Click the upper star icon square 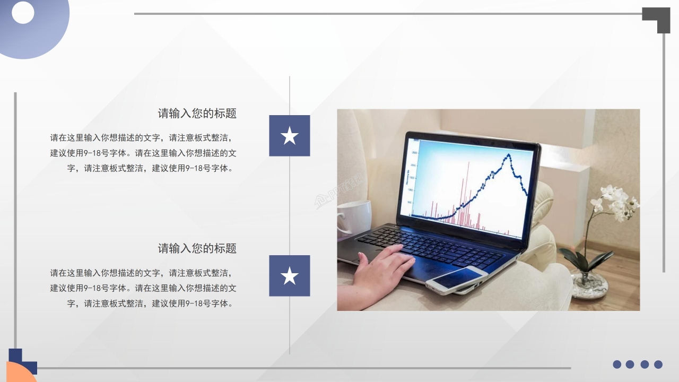289,136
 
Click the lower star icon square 289,276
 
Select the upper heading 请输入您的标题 197,113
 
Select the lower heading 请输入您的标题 197,248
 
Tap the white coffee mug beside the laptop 353,216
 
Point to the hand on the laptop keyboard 382,268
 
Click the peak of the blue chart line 509,155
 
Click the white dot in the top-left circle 23,13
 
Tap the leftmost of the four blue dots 617,364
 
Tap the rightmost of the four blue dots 658,364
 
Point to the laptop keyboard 430,245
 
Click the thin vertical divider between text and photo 290,212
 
